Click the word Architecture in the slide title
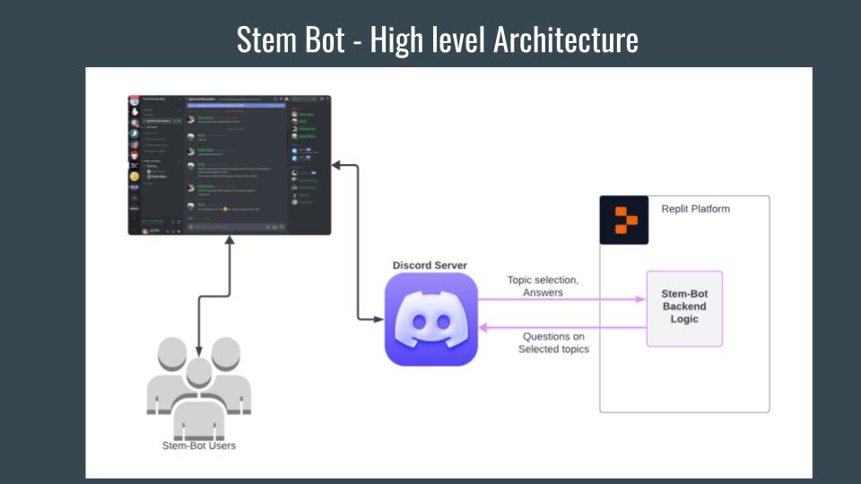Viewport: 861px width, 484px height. [x=566, y=39]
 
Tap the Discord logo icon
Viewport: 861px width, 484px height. [x=430, y=320]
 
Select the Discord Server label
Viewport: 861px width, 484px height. [x=430, y=265]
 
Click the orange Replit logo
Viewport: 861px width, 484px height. [x=623, y=220]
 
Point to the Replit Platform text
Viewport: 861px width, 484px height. [x=695, y=209]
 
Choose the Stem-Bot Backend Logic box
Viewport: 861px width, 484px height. [x=684, y=307]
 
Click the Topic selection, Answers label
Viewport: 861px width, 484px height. [x=543, y=286]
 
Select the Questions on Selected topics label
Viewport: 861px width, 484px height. [x=553, y=342]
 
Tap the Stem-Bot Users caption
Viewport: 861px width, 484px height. [x=198, y=445]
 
